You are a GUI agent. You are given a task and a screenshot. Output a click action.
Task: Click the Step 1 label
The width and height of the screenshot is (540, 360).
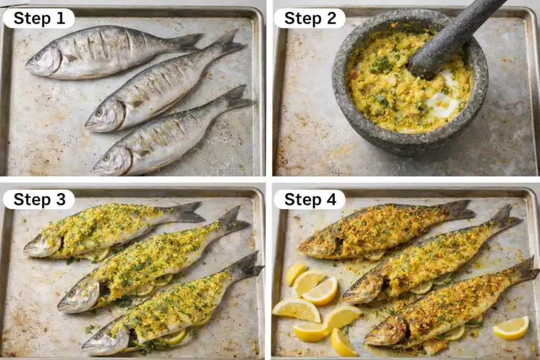point(38,18)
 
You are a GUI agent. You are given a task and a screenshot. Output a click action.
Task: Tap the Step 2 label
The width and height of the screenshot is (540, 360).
point(310,18)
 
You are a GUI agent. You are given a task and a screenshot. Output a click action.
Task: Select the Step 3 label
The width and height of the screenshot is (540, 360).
point(38,199)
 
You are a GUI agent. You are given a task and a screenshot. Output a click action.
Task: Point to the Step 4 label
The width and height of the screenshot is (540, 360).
point(310,199)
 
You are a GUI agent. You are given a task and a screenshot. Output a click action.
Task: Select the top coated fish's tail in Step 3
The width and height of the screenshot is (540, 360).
point(186,212)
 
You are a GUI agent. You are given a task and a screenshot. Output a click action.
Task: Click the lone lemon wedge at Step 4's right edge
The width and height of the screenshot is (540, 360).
point(510,328)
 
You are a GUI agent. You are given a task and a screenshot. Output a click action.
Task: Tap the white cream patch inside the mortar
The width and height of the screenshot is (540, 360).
point(443,100)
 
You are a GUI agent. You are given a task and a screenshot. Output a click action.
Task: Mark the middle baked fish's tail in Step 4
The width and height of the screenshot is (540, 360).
point(504,217)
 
